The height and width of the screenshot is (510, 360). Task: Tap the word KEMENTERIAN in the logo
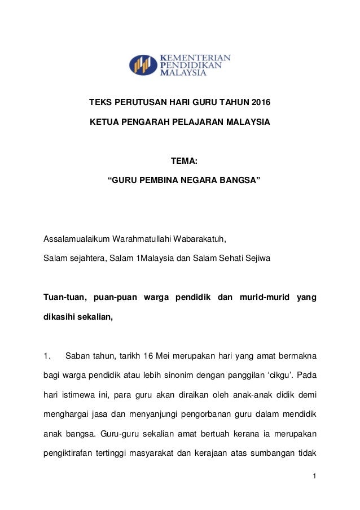[x=196, y=58]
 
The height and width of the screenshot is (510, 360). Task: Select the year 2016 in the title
[x=260, y=103]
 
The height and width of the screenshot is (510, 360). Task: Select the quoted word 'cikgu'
[x=280, y=375]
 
